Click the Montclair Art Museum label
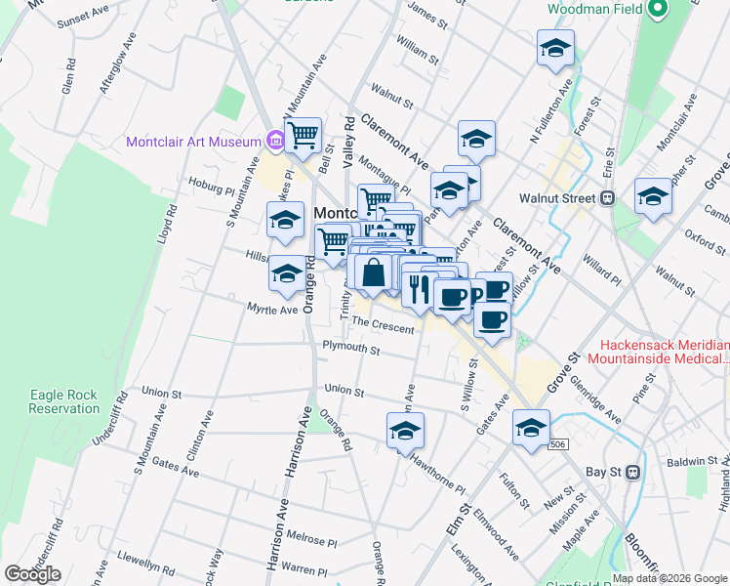193,142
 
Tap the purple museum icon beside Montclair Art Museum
274,142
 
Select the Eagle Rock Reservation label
63,401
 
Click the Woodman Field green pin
658,11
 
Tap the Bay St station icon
631,472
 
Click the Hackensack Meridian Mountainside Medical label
664,353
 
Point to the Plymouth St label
351,350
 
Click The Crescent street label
383,324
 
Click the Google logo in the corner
32,574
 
